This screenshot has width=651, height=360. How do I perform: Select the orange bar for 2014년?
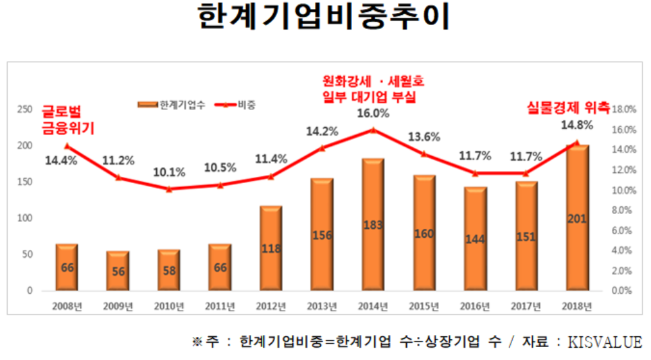click(373, 224)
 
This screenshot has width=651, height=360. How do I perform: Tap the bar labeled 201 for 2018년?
click(576, 218)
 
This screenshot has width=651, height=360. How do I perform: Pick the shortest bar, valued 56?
click(118, 271)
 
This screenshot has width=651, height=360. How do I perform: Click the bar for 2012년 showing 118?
click(271, 248)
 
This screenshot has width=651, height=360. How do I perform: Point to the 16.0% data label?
click(374, 114)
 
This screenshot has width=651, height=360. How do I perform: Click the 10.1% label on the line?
click(170, 172)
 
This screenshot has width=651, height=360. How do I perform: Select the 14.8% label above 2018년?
click(576, 124)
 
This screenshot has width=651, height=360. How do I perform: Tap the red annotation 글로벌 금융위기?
click(68, 120)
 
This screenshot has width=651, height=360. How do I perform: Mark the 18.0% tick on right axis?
click(623, 110)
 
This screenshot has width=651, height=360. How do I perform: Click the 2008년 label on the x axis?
click(67, 305)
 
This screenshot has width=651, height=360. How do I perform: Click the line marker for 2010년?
click(169, 189)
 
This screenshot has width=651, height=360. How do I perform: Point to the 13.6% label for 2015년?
click(424, 136)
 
